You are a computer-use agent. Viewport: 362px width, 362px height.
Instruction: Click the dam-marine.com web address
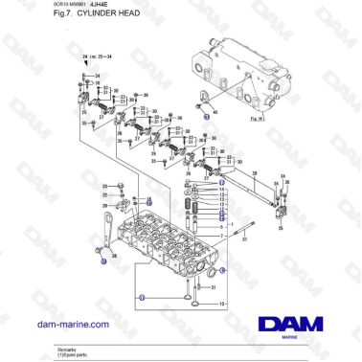[x=69, y=324]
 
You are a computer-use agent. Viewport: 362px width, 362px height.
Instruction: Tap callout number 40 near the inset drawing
[x=216, y=112]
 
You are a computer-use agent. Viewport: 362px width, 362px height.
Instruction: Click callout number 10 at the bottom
[x=223, y=304]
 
